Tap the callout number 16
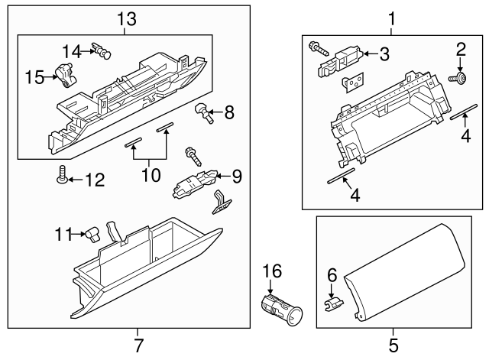click(x=273, y=270)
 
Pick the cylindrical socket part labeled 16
click(x=280, y=307)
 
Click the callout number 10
click(x=151, y=175)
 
